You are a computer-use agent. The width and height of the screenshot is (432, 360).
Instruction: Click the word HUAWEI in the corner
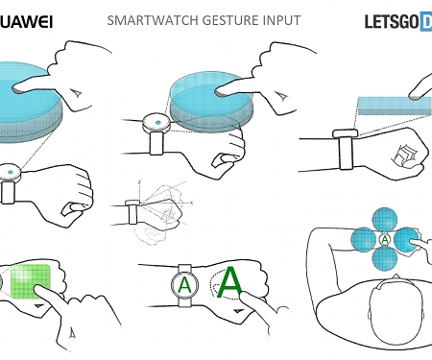coord(26,19)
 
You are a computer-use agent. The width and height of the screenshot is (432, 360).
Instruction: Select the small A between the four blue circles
coord(384,239)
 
